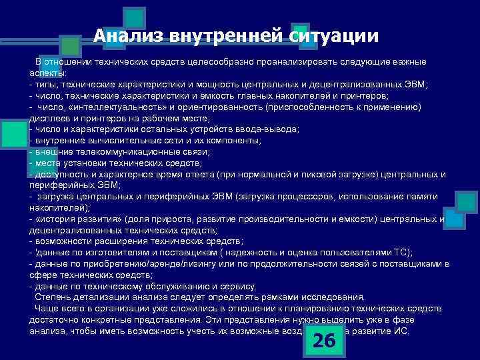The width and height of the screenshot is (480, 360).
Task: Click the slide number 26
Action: pos(324,340)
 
